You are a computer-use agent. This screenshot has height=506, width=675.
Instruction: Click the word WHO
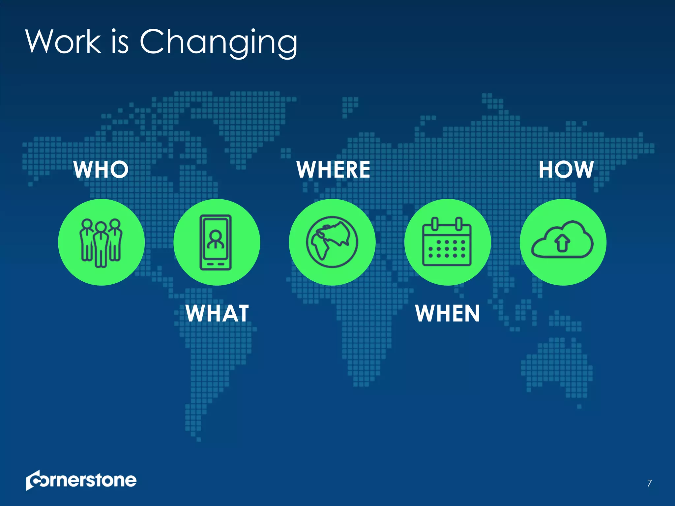(101, 170)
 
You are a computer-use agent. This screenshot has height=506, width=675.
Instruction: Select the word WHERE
(333, 170)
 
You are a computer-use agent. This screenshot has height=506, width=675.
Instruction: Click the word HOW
(566, 170)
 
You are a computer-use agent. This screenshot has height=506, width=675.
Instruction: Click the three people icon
(101, 242)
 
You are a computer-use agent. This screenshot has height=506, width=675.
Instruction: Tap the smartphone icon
(216, 242)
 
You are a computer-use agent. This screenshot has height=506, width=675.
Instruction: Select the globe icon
(332, 242)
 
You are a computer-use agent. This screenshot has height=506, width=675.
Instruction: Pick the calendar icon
(447, 242)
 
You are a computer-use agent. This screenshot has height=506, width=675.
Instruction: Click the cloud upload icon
(562, 240)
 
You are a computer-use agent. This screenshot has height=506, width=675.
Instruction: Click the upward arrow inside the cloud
(562, 243)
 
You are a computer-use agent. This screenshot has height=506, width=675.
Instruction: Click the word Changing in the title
(219, 42)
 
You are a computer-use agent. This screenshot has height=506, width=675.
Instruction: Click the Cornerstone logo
(81, 480)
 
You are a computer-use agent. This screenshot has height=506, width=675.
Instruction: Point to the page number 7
(649, 483)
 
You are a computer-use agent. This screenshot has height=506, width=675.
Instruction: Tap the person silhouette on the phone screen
(216, 240)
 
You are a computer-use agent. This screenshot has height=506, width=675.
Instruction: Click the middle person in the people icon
(101, 244)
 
